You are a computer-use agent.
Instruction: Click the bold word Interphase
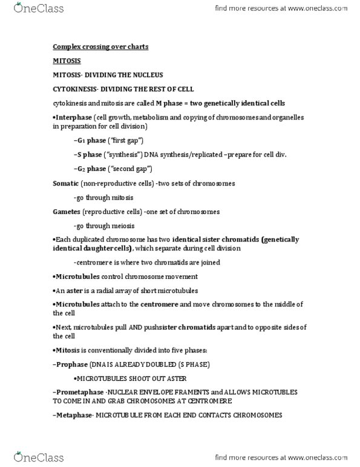point(74,117)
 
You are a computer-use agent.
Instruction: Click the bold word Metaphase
point(75,415)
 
